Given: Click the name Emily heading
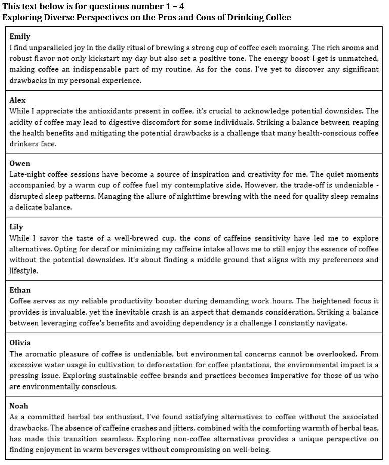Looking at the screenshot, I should point(20,36).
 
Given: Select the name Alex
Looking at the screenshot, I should point(17,100).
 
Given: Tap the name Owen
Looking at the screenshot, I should point(20,163).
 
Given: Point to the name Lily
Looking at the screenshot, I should point(16,227).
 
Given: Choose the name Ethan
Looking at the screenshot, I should point(20,290).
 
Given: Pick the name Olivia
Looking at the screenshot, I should point(20,343).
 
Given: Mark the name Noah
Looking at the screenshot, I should point(19,406).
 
